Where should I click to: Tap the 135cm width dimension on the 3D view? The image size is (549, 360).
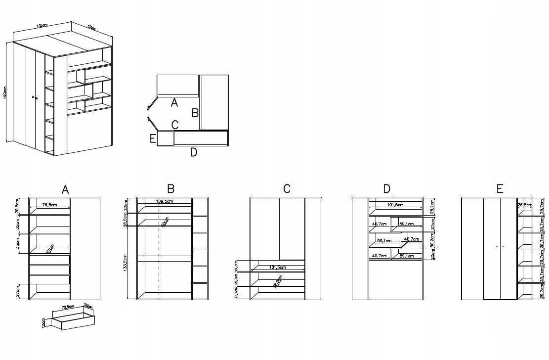(x=42, y=25)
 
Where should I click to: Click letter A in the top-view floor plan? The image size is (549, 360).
(x=173, y=103)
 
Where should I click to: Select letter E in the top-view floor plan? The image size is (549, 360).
(x=153, y=138)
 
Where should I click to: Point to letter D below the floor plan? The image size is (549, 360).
(x=194, y=153)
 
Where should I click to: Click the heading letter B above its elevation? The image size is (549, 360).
(x=171, y=189)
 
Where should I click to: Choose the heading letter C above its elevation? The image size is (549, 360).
(x=287, y=189)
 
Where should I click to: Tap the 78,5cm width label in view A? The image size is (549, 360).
(x=49, y=205)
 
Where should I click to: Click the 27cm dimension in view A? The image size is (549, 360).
(x=18, y=291)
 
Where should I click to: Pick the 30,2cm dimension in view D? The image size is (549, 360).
(x=432, y=241)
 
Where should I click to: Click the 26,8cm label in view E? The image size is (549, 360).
(x=524, y=205)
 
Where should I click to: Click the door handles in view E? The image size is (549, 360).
(x=500, y=246)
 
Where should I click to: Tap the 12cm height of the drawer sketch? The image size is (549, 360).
(x=44, y=322)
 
